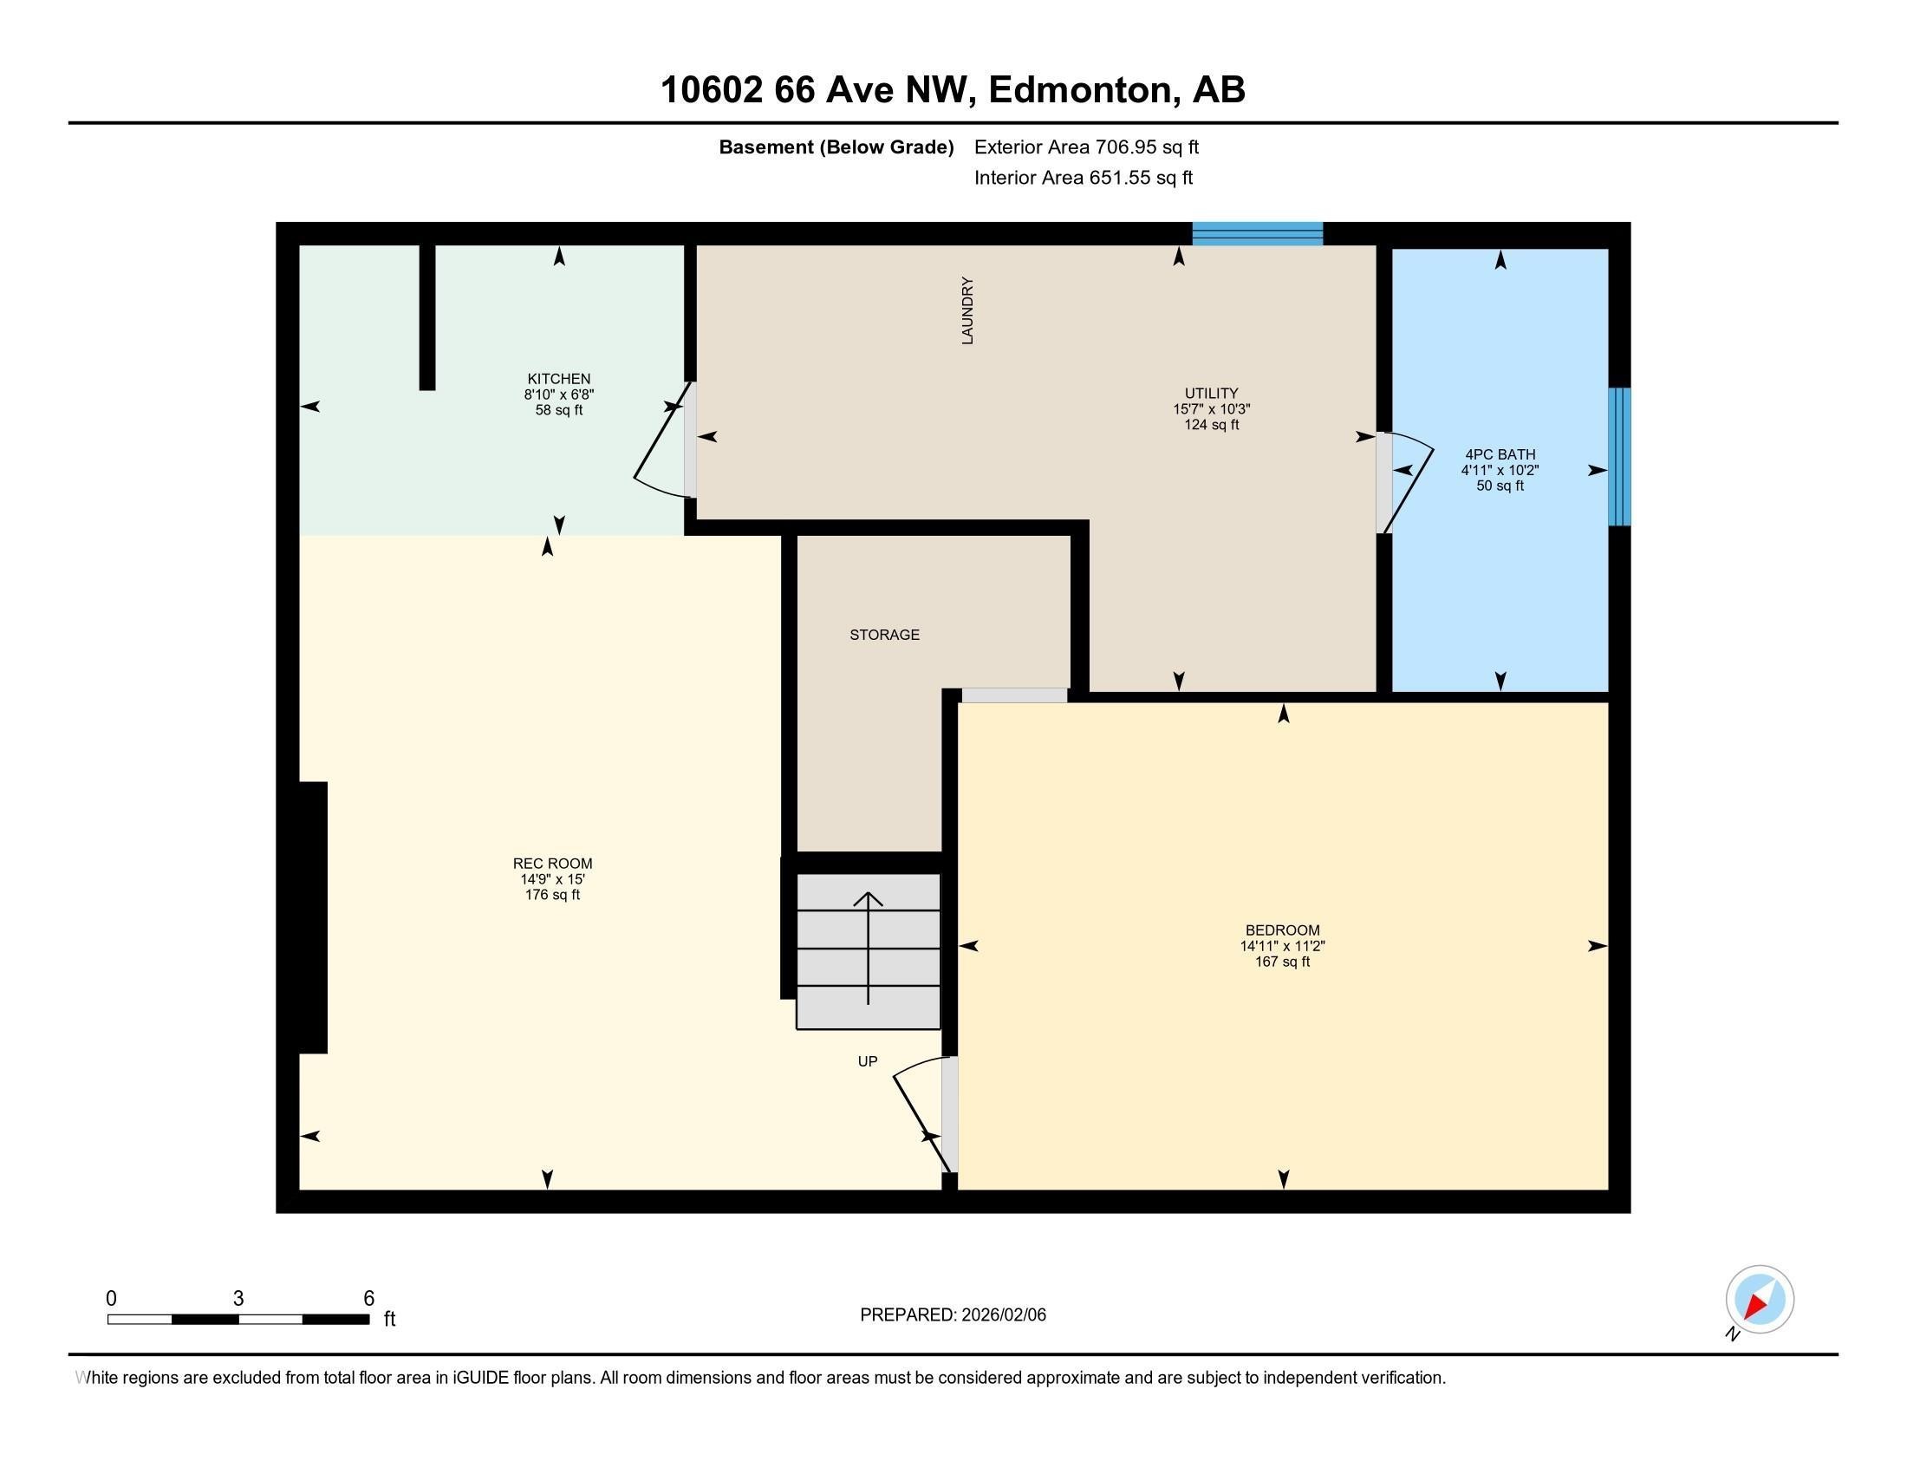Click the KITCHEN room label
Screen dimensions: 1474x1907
[x=559, y=378]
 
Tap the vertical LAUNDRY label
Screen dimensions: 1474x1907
[x=967, y=311]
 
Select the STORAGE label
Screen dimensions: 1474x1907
[x=884, y=635]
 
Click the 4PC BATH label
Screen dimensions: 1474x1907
[x=1500, y=454]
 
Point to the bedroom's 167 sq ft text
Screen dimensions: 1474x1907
[x=1282, y=962]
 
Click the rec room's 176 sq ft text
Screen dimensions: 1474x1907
[x=552, y=895]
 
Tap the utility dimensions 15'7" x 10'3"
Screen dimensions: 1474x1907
[x=1211, y=408]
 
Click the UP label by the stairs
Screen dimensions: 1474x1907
[x=867, y=1061]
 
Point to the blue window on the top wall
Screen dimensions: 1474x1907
[x=1258, y=233]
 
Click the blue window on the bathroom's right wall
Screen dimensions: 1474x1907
[x=1619, y=457]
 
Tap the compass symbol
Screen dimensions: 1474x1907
[x=1759, y=1300]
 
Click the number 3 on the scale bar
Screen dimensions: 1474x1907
[x=238, y=1299]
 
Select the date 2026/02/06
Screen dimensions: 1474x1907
[x=1002, y=1315]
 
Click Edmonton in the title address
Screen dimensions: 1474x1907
[x=1079, y=90]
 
